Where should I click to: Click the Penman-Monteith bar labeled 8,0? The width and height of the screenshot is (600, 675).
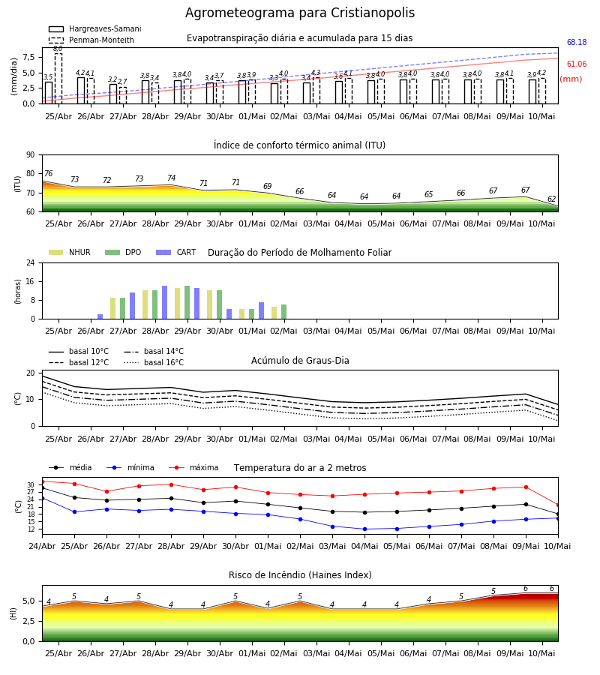click(x=58, y=78)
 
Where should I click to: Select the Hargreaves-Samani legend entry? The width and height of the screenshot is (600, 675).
click(x=94, y=28)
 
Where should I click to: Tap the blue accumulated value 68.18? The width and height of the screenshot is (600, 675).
click(x=577, y=42)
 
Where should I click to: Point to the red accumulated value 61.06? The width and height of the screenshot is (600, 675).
click(x=577, y=64)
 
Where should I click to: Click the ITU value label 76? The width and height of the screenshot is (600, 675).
click(x=48, y=173)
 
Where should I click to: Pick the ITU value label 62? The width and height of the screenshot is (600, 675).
click(x=551, y=199)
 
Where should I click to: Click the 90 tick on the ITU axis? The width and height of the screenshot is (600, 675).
click(x=31, y=155)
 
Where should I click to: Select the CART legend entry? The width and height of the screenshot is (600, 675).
click(x=176, y=252)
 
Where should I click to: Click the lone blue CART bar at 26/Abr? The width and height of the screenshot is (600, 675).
click(x=100, y=316)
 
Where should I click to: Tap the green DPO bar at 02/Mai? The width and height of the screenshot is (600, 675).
click(x=284, y=312)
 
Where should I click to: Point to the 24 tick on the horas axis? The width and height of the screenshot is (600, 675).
click(x=31, y=262)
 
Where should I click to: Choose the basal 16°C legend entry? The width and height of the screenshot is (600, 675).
click(x=154, y=362)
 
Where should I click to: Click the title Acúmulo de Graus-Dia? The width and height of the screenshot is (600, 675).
click(x=300, y=360)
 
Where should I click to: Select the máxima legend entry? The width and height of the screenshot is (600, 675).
click(x=193, y=467)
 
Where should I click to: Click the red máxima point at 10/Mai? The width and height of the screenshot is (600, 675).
click(x=558, y=505)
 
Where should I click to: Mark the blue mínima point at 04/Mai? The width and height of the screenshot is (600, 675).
click(x=365, y=529)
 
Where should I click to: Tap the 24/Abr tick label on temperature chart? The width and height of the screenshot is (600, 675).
click(x=42, y=546)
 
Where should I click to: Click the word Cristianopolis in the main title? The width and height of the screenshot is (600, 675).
click(x=373, y=13)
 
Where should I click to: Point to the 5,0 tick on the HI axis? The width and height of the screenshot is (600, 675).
click(x=28, y=601)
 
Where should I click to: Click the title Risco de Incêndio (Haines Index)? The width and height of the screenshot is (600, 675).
click(x=300, y=575)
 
